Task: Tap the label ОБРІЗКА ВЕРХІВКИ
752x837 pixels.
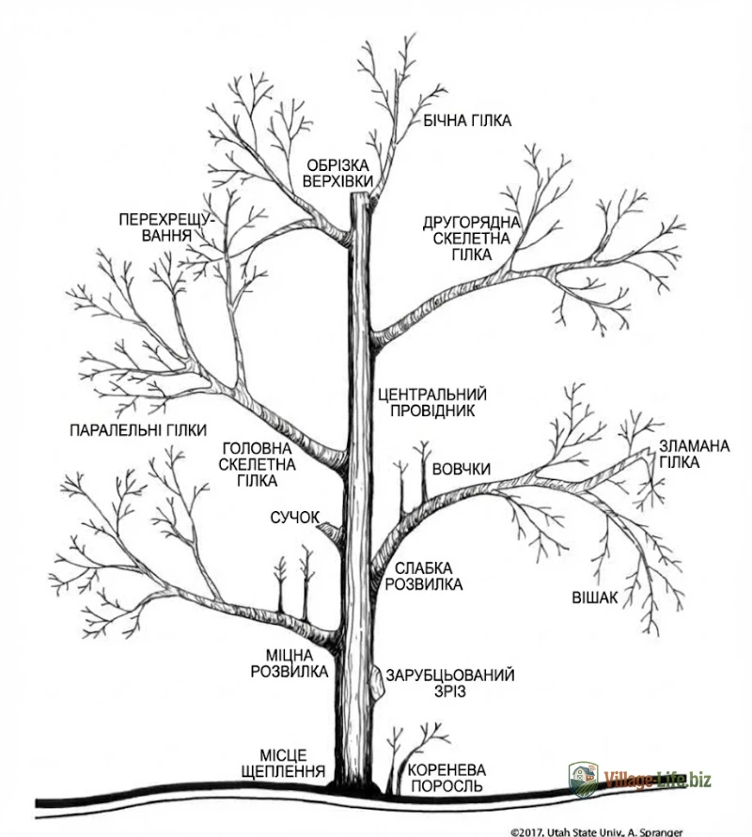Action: [x=339, y=174]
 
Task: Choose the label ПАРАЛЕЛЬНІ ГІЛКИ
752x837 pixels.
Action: [x=138, y=431]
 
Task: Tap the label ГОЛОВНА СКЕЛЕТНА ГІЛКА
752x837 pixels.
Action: [x=258, y=464]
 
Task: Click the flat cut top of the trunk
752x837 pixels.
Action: [x=360, y=195]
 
